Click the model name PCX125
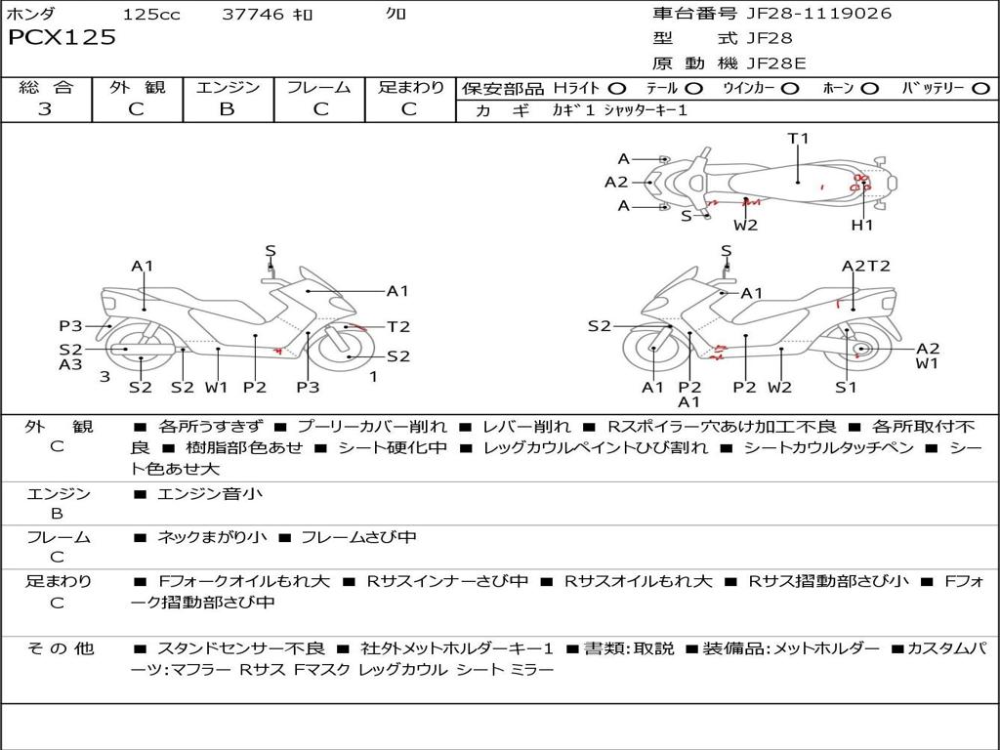coord(62,38)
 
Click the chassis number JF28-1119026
coord(806,14)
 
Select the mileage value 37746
coord(253,15)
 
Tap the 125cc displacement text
coord(151,15)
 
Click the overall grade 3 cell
coord(45,109)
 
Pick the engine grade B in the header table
coord(227,109)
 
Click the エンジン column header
coord(228,87)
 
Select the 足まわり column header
coord(411,87)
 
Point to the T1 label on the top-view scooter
coord(799,139)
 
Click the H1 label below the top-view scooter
coord(861,226)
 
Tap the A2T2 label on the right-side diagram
coord(866,266)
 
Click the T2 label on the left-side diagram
coord(398,327)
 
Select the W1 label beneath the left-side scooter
coord(216,387)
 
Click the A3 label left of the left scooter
coord(70,364)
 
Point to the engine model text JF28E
coord(776,63)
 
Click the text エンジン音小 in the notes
coord(210,494)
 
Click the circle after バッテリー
coord(980,88)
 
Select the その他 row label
coord(60,648)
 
